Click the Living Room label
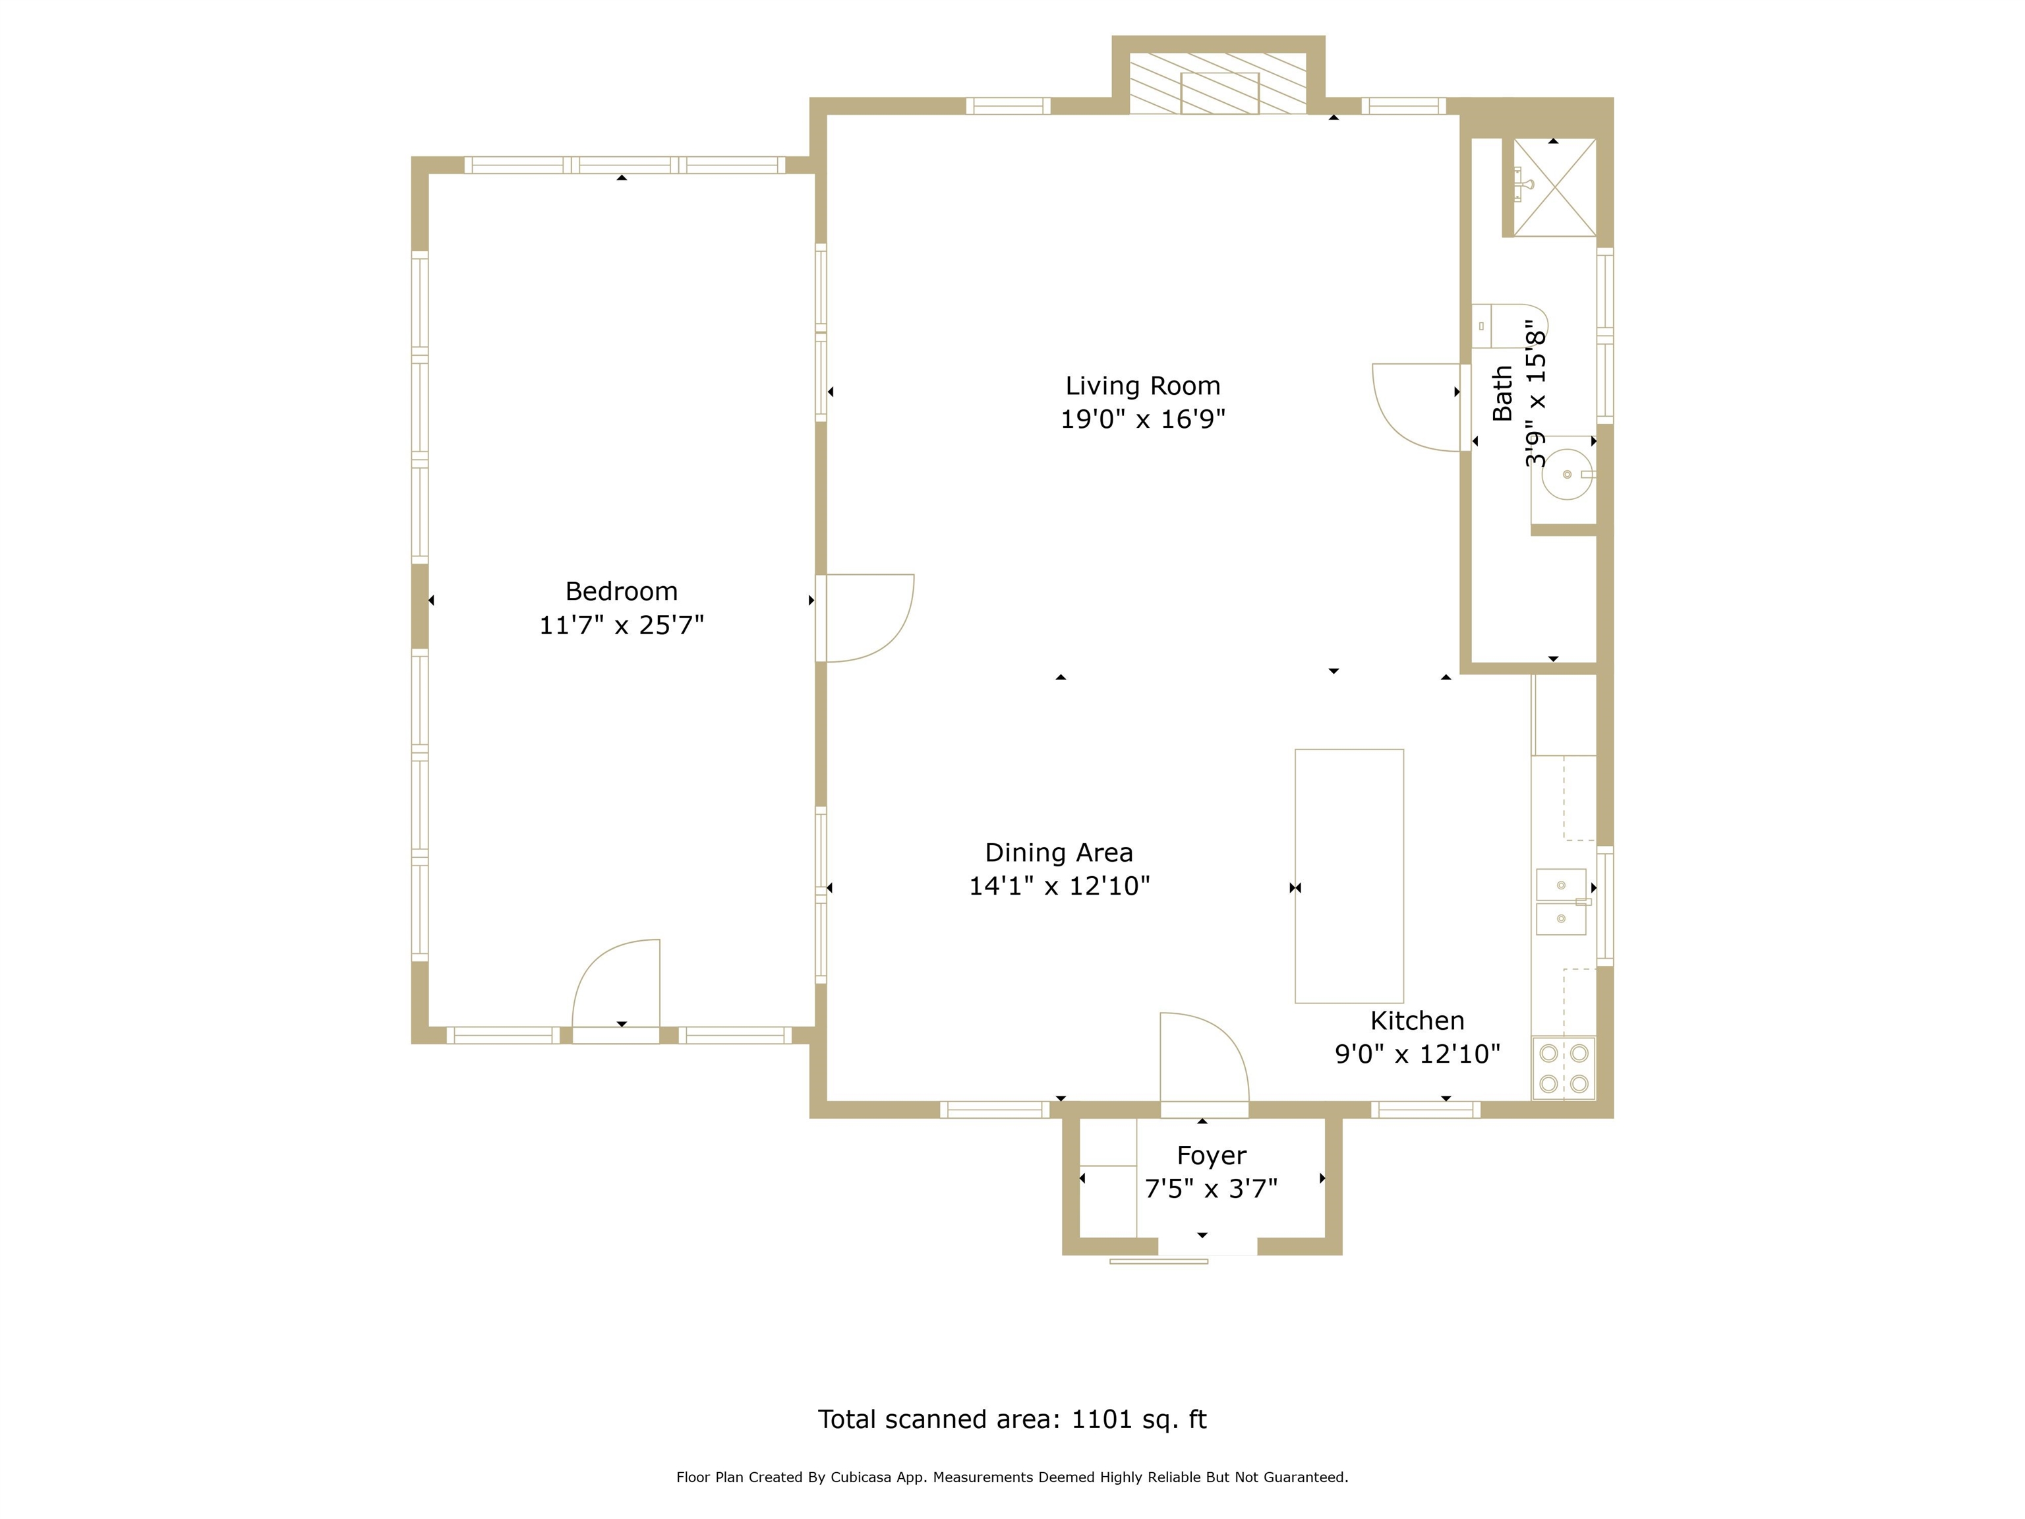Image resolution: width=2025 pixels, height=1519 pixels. click(1142, 386)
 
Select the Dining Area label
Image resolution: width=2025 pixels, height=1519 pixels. click(1058, 852)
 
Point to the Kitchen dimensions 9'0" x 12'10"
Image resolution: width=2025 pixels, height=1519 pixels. click(1417, 1054)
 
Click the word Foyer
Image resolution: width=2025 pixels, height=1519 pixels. click(1211, 1156)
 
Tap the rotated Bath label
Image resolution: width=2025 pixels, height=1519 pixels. click(1502, 394)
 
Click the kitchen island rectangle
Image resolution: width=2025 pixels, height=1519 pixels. click(1349, 876)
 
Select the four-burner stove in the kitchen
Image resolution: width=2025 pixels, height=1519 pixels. click(1564, 1067)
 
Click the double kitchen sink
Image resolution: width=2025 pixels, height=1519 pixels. click(1561, 902)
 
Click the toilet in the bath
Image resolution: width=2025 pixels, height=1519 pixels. click(1506, 326)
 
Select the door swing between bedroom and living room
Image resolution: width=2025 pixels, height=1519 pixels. click(865, 617)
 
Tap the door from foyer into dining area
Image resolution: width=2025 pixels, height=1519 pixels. click(1203, 1062)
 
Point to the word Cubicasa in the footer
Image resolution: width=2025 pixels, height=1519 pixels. click(862, 1477)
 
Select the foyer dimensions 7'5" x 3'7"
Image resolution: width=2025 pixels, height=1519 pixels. click(1211, 1189)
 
